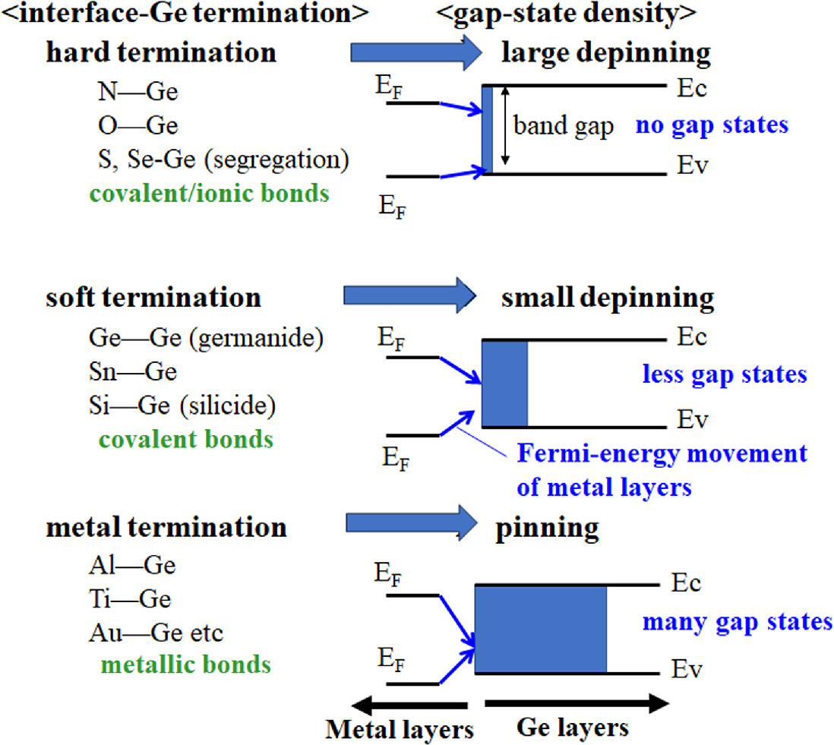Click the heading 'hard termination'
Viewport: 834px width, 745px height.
pos(161,53)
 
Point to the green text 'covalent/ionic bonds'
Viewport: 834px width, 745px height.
pos(208,194)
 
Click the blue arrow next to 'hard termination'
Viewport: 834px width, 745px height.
pos(417,53)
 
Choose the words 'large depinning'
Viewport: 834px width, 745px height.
pos(606,53)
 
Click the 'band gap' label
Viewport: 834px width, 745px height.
pos(563,126)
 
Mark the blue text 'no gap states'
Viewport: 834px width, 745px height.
pos(712,125)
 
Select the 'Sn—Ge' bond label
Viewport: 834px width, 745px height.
pos(132,372)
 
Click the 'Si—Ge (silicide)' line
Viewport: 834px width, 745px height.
pos(181,406)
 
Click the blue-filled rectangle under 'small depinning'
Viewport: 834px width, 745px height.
pos(505,384)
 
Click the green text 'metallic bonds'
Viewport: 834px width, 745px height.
pos(185,665)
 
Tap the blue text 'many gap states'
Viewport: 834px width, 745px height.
pos(738,622)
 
